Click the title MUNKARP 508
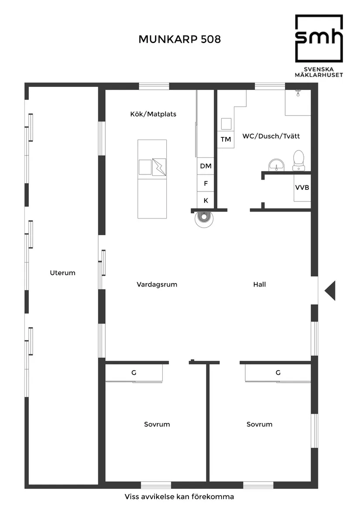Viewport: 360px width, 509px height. pos(180,39)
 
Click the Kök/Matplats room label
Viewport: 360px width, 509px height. pos(153,114)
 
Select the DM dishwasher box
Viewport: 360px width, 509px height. pos(206,166)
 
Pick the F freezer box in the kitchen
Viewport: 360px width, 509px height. pos(206,184)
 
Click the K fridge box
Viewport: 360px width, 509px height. pos(206,200)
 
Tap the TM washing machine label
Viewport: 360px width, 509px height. pos(226,139)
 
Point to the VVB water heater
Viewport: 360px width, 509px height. pos(302,188)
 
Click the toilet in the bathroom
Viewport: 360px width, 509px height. pos(298,161)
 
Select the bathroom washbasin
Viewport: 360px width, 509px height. pos(277,165)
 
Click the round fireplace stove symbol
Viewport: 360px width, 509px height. pos(204,219)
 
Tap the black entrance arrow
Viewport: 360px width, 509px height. pos(330,290)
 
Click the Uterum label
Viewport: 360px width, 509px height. pos(63,273)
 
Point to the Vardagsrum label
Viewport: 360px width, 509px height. pos(157,285)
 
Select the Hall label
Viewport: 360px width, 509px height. pos(260,284)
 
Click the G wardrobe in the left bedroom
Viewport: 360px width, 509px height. pos(134,373)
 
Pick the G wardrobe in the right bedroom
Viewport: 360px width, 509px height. pos(278,373)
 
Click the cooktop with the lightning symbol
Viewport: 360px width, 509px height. pos(159,167)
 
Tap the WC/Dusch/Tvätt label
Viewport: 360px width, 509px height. pos(271,136)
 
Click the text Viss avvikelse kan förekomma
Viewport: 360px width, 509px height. pos(179,497)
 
